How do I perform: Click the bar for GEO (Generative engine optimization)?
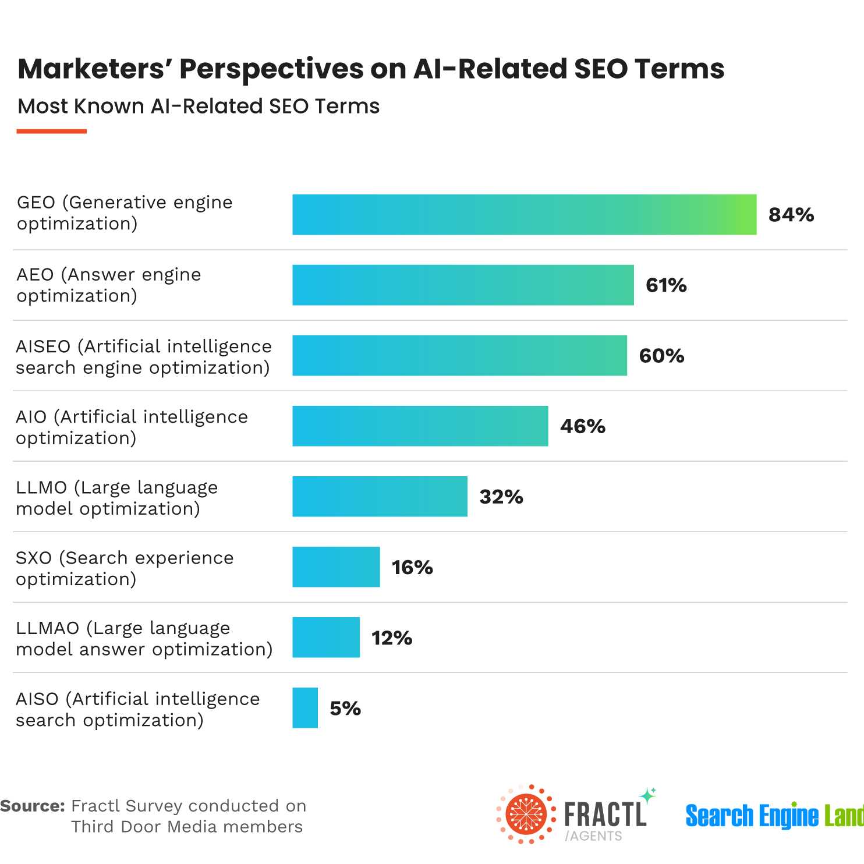524,215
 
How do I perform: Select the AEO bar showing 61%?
463,285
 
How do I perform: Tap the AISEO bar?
459,356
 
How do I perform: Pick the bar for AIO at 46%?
420,426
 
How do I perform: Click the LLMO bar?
380,497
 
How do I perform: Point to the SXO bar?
336,567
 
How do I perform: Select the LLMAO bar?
326,638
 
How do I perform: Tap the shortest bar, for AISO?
305,708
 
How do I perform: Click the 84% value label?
791,215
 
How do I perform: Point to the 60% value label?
661,356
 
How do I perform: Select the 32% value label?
501,497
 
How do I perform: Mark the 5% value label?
345,709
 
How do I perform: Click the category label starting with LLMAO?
144,639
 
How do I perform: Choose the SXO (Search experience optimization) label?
125,568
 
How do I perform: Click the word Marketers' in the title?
92,69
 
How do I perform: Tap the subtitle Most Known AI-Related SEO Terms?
199,107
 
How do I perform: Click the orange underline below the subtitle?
52,132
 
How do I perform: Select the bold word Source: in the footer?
33,806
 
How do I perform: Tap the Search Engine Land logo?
774,816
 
